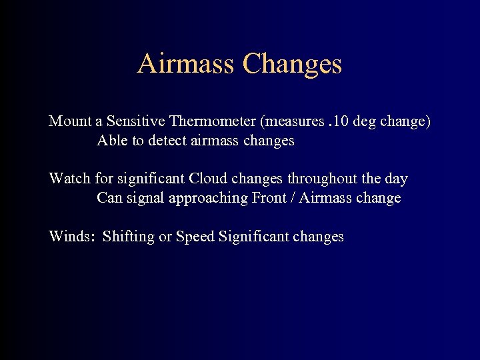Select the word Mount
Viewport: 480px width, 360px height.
click(70, 121)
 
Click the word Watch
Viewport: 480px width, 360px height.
click(69, 179)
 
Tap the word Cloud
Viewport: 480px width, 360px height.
click(208, 179)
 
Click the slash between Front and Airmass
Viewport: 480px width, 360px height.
click(293, 198)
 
